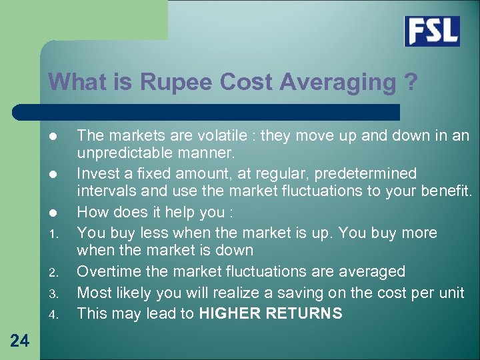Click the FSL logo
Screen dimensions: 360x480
click(432, 31)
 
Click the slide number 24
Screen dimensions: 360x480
click(20, 341)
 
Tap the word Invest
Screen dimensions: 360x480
click(97, 174)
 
